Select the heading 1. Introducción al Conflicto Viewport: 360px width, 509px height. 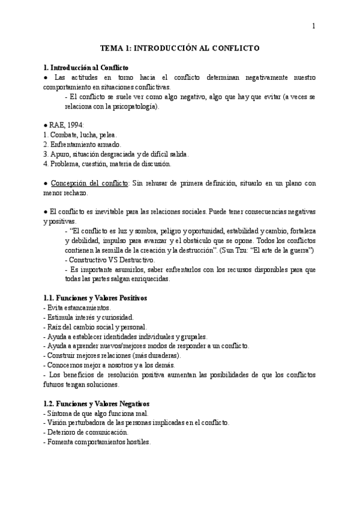point(86,68)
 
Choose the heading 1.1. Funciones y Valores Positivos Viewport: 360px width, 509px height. point(95,298)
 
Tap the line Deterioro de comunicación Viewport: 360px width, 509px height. point(86,432)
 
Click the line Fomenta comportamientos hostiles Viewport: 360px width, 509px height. point(97,442)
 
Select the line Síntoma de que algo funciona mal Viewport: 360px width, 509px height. point(92,413)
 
